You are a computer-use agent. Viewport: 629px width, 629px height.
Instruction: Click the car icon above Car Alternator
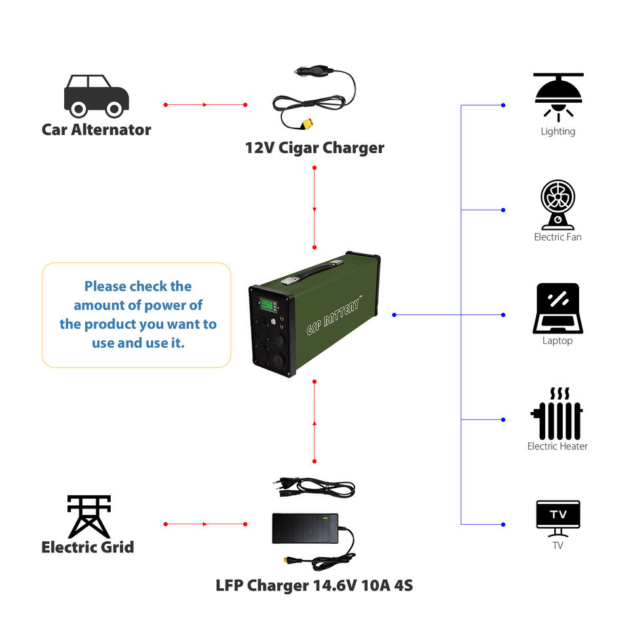[96, 96]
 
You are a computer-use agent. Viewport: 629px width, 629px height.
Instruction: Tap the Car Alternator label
[96, 129]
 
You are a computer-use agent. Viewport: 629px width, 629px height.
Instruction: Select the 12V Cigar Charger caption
[314, 147]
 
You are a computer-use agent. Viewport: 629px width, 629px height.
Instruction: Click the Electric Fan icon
[558, 204]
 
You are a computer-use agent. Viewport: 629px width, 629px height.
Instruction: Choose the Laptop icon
[558, 308]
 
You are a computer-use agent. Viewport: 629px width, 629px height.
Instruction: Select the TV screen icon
[558, 514]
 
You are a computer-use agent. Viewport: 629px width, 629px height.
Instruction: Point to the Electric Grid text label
[88, 547]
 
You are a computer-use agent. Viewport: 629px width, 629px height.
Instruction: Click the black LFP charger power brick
[305, 528]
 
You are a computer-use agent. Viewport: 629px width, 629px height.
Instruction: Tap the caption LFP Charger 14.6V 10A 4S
[314, 585]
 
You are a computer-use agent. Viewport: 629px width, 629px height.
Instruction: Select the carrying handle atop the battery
[311, 268]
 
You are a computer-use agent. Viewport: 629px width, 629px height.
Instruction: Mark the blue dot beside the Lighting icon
[503, 105]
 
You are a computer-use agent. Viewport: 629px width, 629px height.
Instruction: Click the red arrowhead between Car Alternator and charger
[205, 105]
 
